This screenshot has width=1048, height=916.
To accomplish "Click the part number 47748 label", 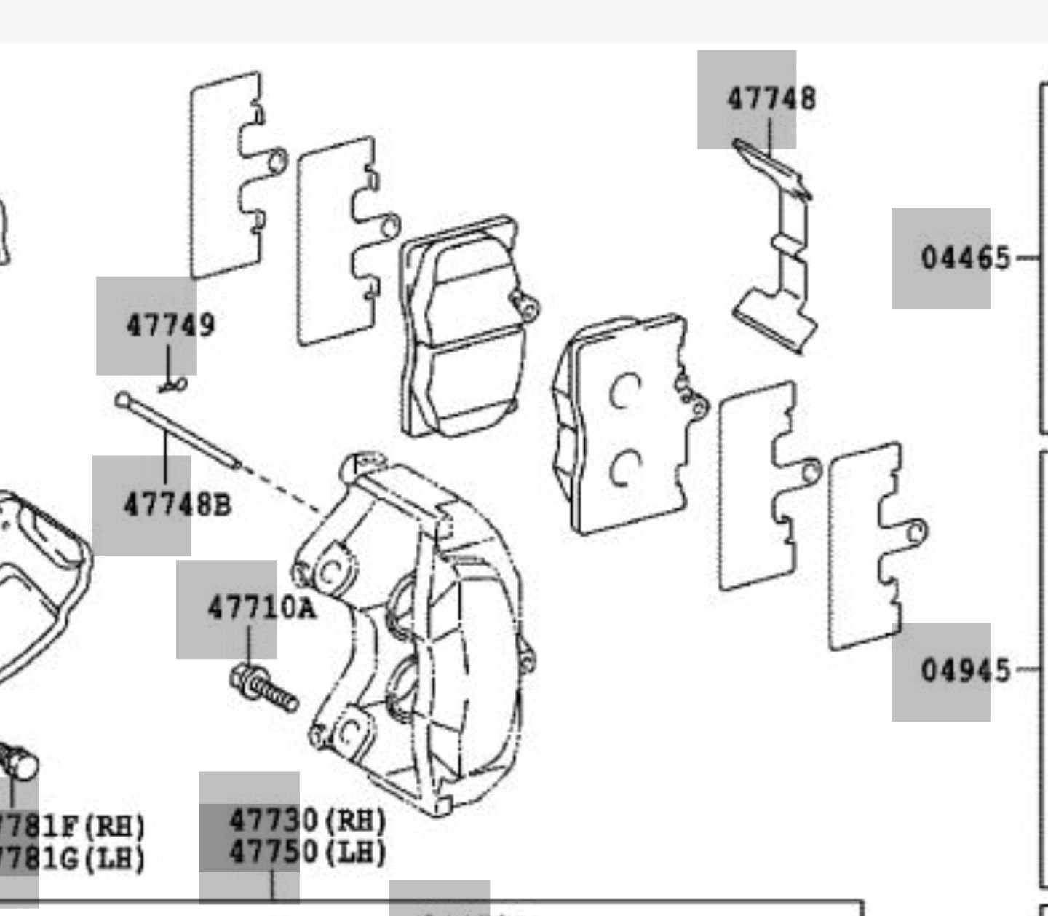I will (771, 99).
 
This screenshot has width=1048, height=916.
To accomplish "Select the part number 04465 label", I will (965, 258).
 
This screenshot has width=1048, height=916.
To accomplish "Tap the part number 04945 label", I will (965, 670).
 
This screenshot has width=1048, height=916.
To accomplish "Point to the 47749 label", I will (171, 325).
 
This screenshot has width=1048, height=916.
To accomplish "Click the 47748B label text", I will (177, 504).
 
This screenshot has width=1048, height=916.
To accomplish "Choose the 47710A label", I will (261, 607).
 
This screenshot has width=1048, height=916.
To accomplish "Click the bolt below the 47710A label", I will (265, 689).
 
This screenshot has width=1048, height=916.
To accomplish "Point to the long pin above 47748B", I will (178, 432).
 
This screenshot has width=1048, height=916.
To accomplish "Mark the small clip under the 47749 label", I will (173, 385).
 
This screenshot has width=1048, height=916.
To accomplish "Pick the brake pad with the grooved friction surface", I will (466, 328).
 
